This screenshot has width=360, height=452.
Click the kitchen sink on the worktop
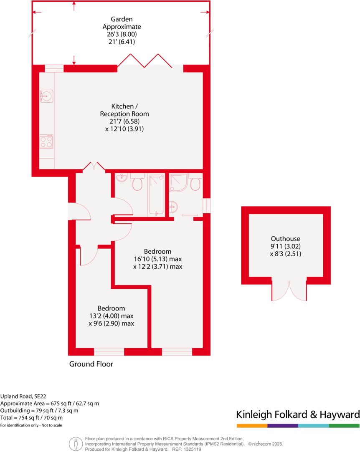pos(46,96)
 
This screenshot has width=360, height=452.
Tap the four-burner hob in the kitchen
pos(46,142)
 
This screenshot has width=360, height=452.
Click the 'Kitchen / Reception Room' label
pos(124,110)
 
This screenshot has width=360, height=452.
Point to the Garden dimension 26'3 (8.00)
pos(122,34)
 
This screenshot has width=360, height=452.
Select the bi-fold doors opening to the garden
pos(145,61)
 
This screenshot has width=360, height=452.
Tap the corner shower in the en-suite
pos(179,182)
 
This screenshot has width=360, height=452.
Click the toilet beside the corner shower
pos(195,183)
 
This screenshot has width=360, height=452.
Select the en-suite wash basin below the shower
pos(174,206)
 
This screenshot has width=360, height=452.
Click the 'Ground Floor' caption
pos(91,364)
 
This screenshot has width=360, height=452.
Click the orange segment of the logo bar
pos(252,426)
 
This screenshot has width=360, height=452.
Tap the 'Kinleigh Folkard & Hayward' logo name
pos(297,414)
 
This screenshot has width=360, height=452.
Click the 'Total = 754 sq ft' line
pos(32,417)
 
